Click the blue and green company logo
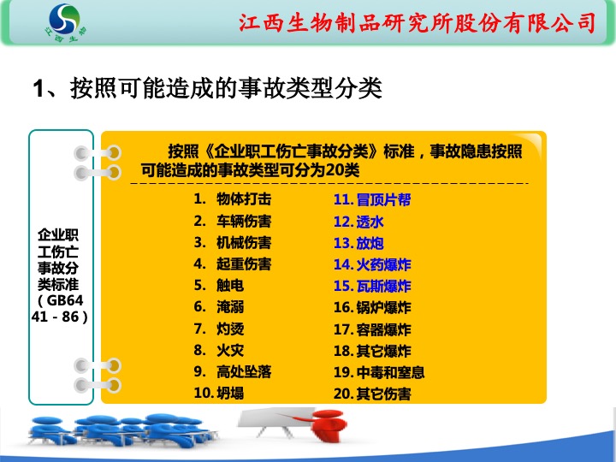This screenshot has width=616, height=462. pos(65,23)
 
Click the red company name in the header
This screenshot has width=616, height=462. pos(418,22)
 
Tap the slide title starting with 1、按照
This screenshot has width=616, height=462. pos(207,87)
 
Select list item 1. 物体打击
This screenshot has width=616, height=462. pos(233,198)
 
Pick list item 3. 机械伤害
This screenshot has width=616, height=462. pos(233,242)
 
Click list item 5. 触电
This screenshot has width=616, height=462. pos(219,285)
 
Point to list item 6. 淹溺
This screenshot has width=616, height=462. pos(219,307)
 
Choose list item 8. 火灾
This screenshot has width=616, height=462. pos(219,350)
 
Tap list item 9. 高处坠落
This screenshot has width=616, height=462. pos(233,371)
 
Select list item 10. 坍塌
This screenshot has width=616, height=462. pos(219,393)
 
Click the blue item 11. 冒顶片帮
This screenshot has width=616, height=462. pos(372,199)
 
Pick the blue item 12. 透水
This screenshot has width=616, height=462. pos(358,222)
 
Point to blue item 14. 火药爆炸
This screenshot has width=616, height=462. pos(372,264)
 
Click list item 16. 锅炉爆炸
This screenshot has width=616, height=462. pos(372,307)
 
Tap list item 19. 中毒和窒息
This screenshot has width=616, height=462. pos(379,372)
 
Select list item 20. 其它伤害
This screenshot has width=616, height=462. pos(372,394)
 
